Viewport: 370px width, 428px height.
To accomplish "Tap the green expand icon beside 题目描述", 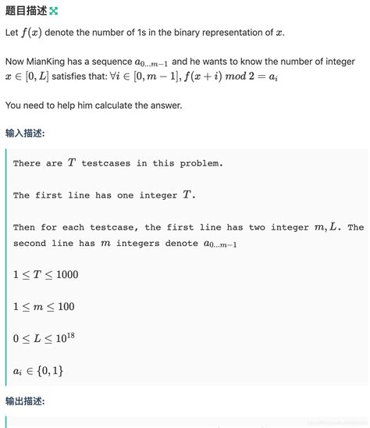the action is [x=53, y=11].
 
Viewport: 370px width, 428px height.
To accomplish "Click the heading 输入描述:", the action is [x=25, y=133].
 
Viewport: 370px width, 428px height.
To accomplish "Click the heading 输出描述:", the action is [x=25, y=401].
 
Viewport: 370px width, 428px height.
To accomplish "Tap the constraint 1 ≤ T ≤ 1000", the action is [x=46, y=275].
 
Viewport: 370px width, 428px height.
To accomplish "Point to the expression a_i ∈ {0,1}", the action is [x=38, y=373].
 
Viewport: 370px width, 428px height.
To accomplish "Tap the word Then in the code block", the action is [x=23, y=227].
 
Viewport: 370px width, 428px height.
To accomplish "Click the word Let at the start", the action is [x=11, y=33].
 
